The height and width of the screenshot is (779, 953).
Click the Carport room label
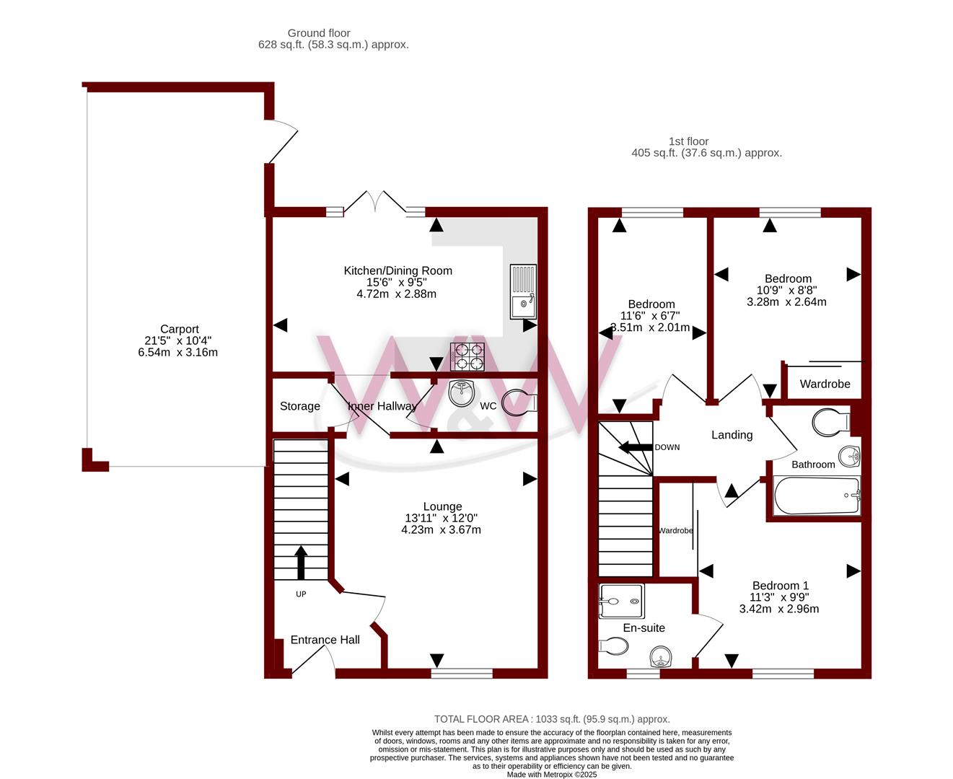pyautogui.click(x=179, y=329)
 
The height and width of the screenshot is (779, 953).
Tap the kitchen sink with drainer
pyautogui.click(x=523, y=291)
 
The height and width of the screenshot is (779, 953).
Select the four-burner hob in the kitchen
pyautogui.click(x=467, y=357)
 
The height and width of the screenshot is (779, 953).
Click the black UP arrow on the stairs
pyautogui.click(x=301, y=563)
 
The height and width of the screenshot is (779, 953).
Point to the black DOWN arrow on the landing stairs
pyautogui.click(x=636, y=447)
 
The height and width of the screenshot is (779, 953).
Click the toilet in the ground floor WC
pyautogui.click(x=519, y=402)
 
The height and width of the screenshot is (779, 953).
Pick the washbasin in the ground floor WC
pyautogui.click(x=462, y=392)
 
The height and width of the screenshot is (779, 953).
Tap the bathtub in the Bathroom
pyautogui.click(x=817, y=496)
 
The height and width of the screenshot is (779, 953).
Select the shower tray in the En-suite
pyautogui.click(x=621, y=601)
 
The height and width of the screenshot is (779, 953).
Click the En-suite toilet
pyautogui.click(x=612, y=646)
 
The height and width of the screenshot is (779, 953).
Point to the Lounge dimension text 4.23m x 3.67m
pyautogui.click(x=441, y=529)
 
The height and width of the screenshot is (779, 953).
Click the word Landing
pyautogui.click(x=732, y=435)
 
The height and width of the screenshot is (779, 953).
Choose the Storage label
pyautogui.click(x=299, y=406)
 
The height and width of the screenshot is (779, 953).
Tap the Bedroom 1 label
pyautogui.click(x=781, y=586)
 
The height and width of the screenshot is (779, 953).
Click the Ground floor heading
pyautogui.click(x=319, y=33)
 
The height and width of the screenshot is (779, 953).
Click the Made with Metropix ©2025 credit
pyautogui.click(x=552, y=775)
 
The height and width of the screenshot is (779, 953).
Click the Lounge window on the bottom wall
pyautogui.click(x=462, y=674)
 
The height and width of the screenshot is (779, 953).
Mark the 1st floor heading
pyautogui.click(x=688, y=141)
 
